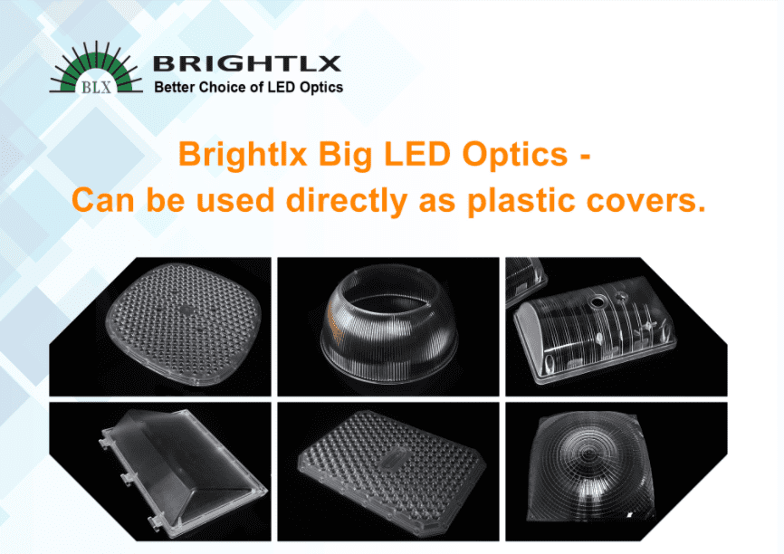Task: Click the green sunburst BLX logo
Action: click(95, 70)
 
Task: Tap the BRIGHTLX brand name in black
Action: click(247, 64)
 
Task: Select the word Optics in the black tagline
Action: click(321, 88)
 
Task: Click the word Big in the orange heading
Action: click(346, 155)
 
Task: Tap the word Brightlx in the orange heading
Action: click(243, 154)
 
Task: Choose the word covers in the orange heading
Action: click(640, 200)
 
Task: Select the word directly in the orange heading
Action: click(347, 201)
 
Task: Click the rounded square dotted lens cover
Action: click(184, 324)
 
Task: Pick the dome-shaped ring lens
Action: click(389, 324)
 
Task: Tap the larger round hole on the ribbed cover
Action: click(597, 302)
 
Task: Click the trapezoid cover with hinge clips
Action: click(183, 472)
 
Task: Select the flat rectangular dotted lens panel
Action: click(391, 470)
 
